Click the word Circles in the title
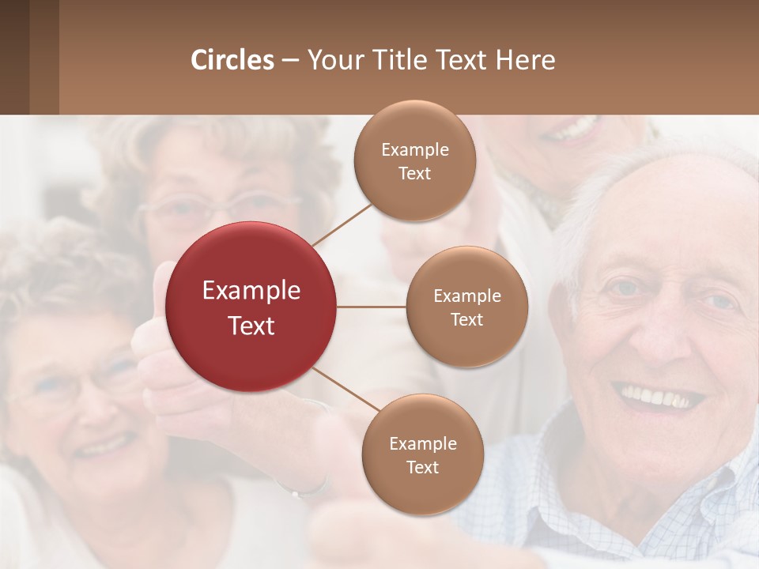[x=232, y=60]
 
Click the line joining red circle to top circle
[x=342, y=224]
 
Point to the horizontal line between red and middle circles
[x=371, y=307]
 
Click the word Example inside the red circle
[x=251, y=291]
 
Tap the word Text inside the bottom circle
[x=422, y=467]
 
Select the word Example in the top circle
[x=415, y=150]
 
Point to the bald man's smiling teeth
[x=658, y=396]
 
